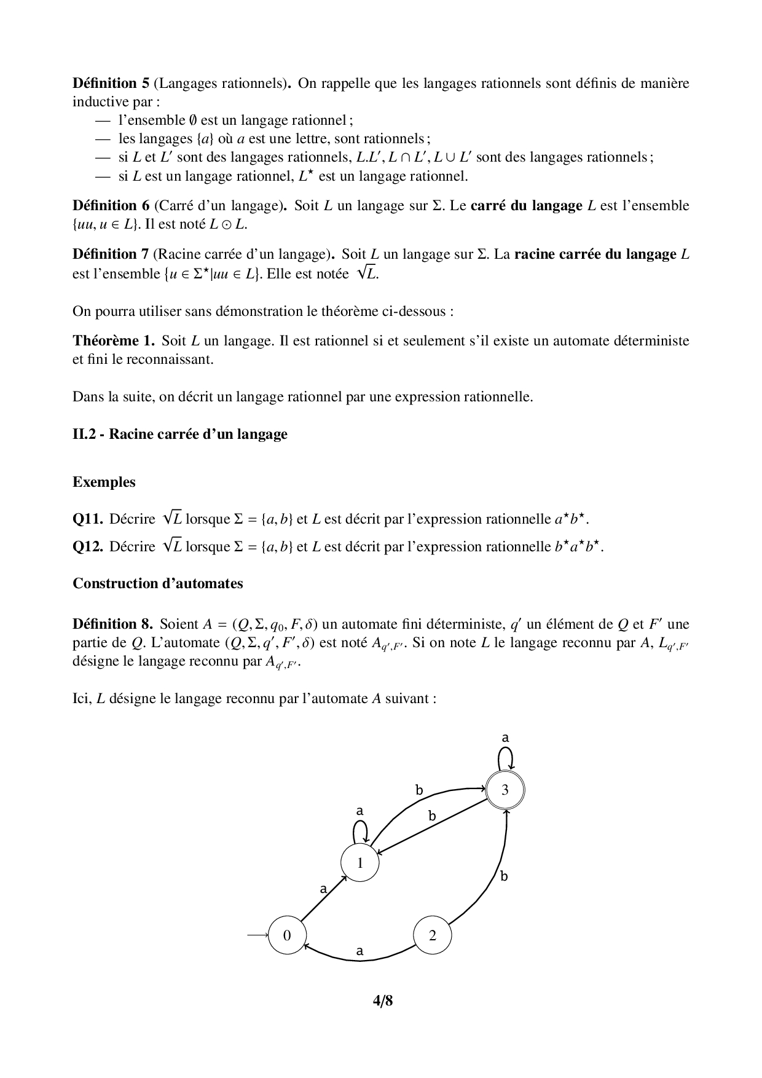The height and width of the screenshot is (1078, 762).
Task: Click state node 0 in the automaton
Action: [287, 935]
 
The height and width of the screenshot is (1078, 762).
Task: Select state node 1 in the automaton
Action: [360, 863]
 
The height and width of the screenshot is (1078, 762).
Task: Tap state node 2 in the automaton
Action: [433, 935]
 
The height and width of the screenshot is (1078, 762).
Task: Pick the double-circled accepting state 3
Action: [505, 790]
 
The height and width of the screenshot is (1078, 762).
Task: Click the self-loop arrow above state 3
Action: [505, 758]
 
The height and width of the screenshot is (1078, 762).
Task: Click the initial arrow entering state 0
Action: [257, 935]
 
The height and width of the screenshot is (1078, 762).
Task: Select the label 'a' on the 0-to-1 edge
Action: [323, 889]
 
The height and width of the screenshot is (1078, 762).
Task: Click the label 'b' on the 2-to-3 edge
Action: [504, 876]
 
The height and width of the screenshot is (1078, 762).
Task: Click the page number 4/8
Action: [382, 1001]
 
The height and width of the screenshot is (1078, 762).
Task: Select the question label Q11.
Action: [88, 519]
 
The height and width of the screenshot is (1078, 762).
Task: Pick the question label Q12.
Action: [88, 546]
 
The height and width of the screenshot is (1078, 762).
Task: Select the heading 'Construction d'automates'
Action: [157, 583]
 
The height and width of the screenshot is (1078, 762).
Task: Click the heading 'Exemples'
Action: [104, 482]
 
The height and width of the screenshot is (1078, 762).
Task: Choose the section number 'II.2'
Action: [84, 435]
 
